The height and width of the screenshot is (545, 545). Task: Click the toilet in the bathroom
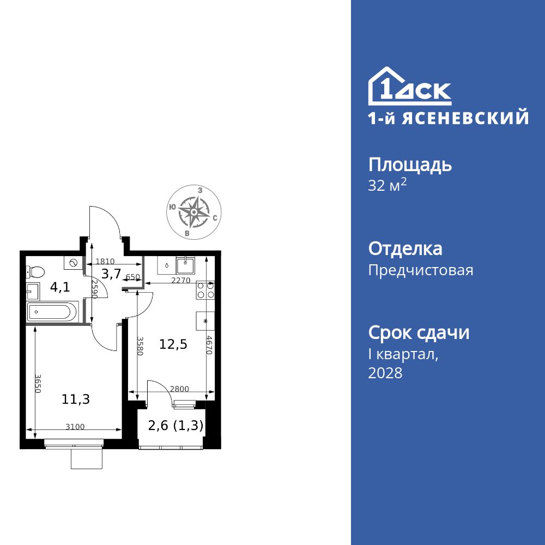36,271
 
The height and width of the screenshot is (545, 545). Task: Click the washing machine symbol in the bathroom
72,263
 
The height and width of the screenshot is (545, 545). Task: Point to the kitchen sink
187,265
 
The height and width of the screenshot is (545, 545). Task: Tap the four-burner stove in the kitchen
205,290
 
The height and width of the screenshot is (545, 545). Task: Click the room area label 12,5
173,344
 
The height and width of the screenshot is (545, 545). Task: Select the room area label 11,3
75,399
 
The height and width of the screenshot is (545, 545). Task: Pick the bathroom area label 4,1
60,287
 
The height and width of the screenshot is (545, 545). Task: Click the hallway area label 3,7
111,274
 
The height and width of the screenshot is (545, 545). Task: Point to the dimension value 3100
75,427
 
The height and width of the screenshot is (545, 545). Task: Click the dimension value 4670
209,344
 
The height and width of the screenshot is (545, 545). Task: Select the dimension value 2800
179,389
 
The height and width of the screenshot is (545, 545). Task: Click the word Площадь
410,165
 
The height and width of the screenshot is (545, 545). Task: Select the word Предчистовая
421,270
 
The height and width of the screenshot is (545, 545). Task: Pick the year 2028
385,373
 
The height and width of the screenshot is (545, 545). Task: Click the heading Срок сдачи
419,332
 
